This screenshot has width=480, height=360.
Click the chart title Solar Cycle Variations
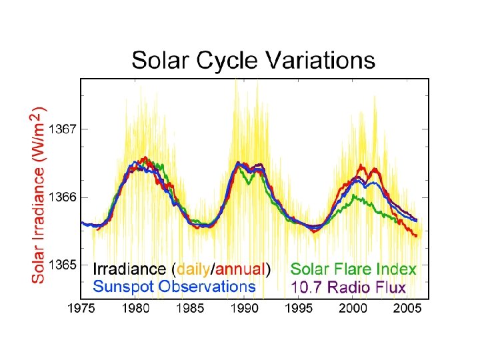tap(253, 61)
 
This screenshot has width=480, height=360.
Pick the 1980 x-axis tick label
tap(136, 309)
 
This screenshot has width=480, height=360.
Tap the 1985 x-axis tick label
tap(191, 309)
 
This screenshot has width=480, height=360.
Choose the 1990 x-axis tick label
tap(245, 309)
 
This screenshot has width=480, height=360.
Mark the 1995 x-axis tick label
tap(299, 309)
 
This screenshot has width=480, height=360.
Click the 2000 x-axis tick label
tap(353, 309)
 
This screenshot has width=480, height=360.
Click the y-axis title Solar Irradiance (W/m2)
tap(40, 193)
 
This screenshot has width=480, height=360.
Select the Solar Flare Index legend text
tap(353, 270)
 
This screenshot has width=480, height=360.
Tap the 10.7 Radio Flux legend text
tap(348, 287)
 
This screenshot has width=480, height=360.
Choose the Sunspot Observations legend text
tap(174, 287)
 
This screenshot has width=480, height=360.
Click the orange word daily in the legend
tap(193, 270)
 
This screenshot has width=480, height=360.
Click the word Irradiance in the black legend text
tap(129, 270)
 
